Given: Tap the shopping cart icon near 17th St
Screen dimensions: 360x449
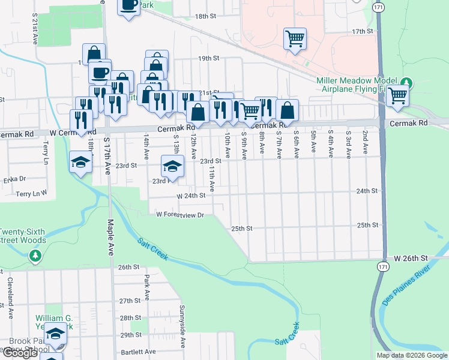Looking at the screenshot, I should click(x=295, y=39).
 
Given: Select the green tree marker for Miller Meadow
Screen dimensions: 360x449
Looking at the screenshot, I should click(x=406, y=82).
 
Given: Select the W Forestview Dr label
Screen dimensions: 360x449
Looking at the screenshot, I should click(x=181, y=214).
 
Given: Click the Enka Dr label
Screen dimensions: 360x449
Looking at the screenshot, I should click(x=14, y=178).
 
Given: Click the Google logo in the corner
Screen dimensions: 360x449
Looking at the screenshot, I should click(x=19, y=353).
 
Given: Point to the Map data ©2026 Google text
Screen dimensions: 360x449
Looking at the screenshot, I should click(x=411, y=355).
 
